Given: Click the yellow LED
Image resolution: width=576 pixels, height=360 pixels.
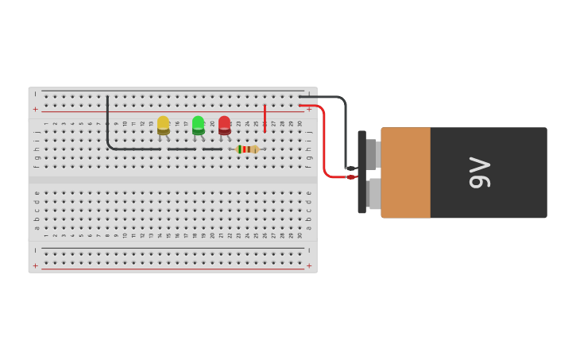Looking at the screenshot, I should tap(163, 124).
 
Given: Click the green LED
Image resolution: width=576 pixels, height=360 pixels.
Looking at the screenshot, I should tap(198, 124).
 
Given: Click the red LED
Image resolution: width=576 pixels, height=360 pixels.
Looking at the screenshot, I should tap(224, 124).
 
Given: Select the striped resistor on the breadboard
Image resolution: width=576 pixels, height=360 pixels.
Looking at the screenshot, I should tap(247, 149).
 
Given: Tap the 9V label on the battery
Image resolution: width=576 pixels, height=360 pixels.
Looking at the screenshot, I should tap(479, 172).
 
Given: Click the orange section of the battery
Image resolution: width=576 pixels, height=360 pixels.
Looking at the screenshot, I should tap(405, 172).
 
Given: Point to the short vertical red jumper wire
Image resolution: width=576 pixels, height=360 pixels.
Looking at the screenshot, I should tap(265, 117).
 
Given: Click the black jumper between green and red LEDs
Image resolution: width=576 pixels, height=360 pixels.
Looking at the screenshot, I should tap(212, 149).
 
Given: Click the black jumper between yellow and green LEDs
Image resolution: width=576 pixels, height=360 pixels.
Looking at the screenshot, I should tap(181, 149).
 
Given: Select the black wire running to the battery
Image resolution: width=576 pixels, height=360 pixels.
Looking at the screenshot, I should tap(345, 127).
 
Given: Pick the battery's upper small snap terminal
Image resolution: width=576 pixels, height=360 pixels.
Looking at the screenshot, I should tap(372, 154).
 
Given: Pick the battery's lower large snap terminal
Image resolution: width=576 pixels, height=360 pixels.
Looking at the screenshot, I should tap(374, 194).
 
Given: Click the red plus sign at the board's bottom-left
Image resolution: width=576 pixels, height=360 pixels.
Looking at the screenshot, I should tap(35, 265).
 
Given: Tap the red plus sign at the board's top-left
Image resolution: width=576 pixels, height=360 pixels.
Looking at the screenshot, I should tap(35, 109).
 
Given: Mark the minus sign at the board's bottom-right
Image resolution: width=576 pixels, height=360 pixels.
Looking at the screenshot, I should tap(309, 250).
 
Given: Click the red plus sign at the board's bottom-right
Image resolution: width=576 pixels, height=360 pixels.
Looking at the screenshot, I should tap(309, 265).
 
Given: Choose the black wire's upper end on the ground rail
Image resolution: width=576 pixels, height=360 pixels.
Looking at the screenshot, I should tap(107, 98).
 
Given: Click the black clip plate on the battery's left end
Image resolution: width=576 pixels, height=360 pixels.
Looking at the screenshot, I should tap(361, 172).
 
